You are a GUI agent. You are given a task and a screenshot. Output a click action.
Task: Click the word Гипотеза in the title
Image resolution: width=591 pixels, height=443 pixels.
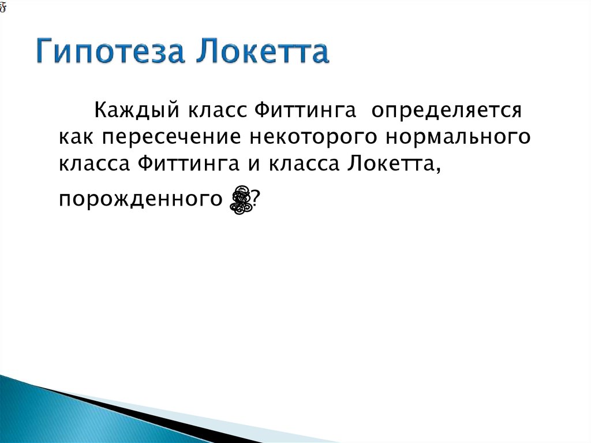110,53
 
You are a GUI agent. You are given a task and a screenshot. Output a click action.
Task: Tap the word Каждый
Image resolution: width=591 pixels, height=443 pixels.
129,110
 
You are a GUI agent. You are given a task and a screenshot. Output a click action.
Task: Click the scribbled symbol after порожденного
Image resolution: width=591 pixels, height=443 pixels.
241,199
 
